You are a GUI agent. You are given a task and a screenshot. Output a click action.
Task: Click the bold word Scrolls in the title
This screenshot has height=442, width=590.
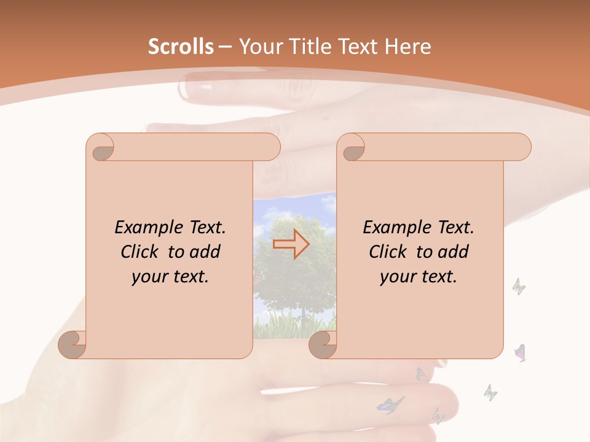point(181,47)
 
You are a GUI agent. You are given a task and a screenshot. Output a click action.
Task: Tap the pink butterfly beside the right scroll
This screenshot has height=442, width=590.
point(521,352)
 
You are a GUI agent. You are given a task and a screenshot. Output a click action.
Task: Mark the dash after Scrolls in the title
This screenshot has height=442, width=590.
point(224,47)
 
